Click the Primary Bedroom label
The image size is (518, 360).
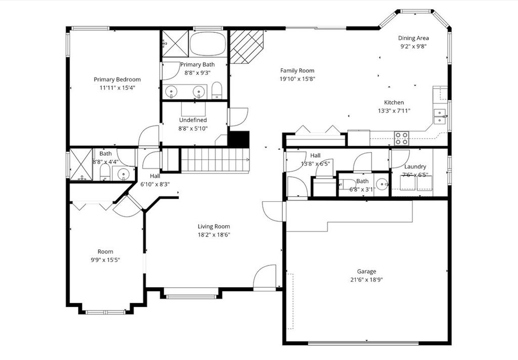click(117, 79)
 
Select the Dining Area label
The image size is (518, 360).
click(413, 38)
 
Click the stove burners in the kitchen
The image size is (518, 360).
click(402, 138)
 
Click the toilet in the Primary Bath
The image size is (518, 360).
click(217, 91)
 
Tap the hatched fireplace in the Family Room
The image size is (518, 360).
click(246, 46)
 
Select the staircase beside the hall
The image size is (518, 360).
click(215, 160)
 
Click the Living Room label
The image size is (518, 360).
click(213, 227)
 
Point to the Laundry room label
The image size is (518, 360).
click(415, 166)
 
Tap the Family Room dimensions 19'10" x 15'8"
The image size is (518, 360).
click(297, 79)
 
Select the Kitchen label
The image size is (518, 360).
click(394, 103)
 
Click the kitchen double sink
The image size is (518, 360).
click(440, 116)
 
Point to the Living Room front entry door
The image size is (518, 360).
click(265, 278)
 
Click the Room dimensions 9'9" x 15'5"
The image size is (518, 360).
click(105, 259)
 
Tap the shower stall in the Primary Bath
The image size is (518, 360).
click(175, 43)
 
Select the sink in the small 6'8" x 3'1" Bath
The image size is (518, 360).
click(382, 184)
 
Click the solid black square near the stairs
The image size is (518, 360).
click(239, 139)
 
